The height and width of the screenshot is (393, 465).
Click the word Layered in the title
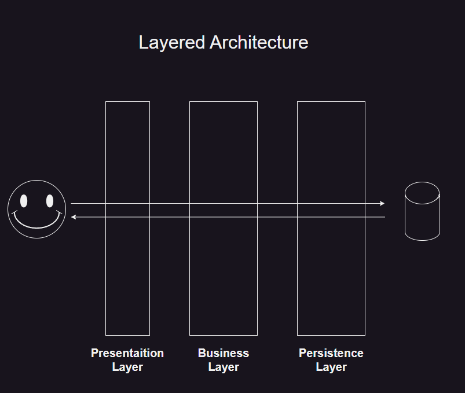pos(172,43)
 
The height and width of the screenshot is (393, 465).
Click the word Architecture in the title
pos(259,43)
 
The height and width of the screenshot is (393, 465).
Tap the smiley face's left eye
pos(24,201)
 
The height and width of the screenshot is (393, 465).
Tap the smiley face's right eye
pos(50,201)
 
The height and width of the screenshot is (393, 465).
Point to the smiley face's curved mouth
pos(36,225)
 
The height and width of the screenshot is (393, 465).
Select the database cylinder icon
pos(422,212)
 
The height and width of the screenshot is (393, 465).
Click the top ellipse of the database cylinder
pos(422,193)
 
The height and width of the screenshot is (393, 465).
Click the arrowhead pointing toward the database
pos(382,203)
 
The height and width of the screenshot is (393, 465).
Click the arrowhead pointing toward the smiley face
pos(74,217)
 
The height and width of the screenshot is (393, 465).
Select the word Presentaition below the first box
pos(127,353)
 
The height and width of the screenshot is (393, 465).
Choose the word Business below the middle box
pos(224,353)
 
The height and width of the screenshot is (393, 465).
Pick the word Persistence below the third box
pos(331,353)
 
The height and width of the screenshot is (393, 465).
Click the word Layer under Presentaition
pos(127,367)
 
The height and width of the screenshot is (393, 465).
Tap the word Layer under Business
pos(224,367)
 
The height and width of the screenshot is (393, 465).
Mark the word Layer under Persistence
pos(331,367)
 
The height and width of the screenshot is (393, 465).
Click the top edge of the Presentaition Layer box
pos(127,102)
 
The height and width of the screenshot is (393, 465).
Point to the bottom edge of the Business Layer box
pos(224,335)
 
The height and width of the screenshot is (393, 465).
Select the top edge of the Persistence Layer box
pos(331,102)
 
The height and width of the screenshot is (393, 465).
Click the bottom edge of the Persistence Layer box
pos(331,335)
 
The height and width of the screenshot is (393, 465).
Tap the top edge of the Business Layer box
pos(224,102)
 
